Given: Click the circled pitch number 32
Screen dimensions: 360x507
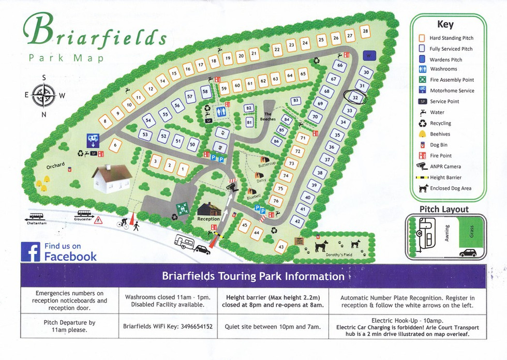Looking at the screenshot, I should [x=355, y=97].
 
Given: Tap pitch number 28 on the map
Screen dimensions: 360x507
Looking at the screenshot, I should [x=365, y=32].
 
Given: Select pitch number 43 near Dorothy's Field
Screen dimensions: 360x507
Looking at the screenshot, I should [x=281, y=247].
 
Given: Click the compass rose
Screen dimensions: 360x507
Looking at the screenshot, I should [x=43, y=95].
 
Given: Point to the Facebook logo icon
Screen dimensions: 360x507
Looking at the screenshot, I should [x=31, y=252].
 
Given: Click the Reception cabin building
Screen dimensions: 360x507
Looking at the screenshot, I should [x=208, y=209].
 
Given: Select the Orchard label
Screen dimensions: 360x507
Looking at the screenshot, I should [x=55, y=166].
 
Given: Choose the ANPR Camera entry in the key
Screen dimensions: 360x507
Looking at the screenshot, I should [x=445, y=167].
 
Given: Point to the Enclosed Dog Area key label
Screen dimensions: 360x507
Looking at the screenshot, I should [x=451, y=188].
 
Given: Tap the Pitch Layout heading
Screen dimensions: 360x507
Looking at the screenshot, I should [x=444, y=209].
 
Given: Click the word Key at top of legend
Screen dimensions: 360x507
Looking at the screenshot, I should [x=445, y=24].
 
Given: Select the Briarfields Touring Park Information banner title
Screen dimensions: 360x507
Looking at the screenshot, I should [x=253, y=276].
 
